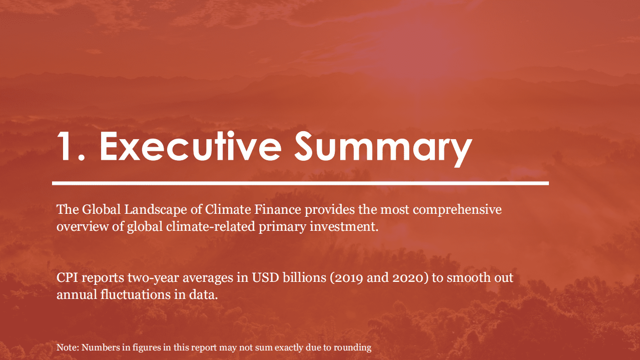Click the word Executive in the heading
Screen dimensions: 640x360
191,146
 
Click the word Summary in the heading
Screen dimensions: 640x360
383,149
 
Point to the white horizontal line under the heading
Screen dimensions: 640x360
300,183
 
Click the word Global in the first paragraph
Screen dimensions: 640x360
101,209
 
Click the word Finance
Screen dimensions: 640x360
277,209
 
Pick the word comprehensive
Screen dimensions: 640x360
457,210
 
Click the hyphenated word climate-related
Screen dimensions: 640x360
210,226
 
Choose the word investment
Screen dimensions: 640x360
344,226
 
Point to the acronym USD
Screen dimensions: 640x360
265,278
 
